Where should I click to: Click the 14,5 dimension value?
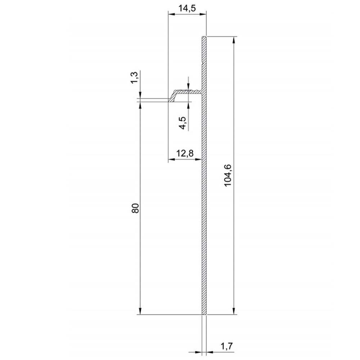point(187,9)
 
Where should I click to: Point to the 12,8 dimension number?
point(185,153)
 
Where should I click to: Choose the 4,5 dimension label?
point(183,123)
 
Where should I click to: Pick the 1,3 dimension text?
point(135,78)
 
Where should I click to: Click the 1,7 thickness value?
point(226,346)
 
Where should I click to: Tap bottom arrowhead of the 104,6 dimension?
point(234,311)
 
